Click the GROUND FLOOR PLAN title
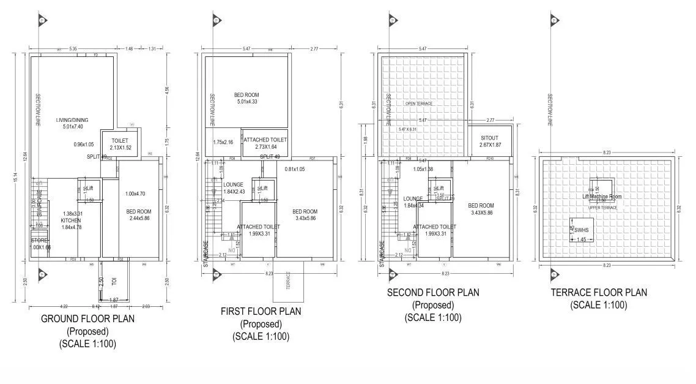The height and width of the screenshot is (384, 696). (87, 318)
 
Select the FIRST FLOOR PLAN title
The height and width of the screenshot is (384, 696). (261, 311)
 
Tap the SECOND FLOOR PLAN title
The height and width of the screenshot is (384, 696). (433, 293)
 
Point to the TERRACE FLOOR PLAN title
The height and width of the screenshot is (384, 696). (598, 293)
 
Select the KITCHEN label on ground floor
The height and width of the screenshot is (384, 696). (71, 220)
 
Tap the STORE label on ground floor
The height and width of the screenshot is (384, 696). (39, 240)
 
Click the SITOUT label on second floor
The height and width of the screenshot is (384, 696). (490, 138)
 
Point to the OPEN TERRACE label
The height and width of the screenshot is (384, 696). (418, 104)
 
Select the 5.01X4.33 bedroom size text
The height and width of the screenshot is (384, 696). (246, 102)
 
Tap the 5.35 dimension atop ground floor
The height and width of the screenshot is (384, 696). (73, 48)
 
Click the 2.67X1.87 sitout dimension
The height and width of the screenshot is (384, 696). (490, 145)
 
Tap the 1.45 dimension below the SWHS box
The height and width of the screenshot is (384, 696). (582, 239)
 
